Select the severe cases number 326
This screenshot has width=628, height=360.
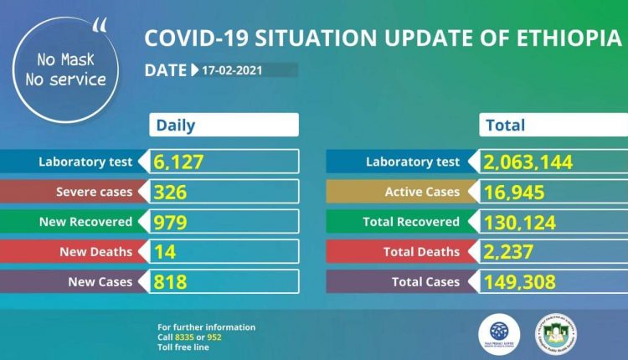pos(170,192)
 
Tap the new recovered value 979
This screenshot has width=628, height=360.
pos(170,222)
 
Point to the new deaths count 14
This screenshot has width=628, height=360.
pos(164,251)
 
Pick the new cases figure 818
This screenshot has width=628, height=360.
pos(170,281)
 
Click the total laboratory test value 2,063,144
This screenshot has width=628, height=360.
pos(528,162)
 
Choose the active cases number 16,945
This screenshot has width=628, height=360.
pos(514,192)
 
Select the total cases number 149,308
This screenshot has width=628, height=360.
pos(519,281)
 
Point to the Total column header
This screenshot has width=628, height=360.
pos(506,126)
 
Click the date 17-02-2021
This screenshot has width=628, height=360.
pos(232,70)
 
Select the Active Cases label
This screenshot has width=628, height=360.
pos(422,192)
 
